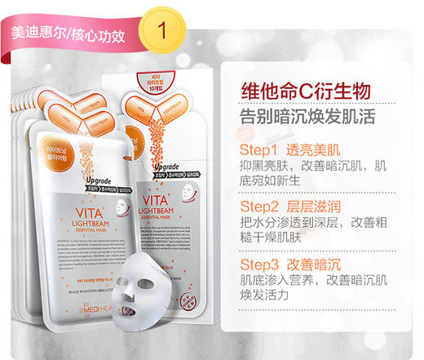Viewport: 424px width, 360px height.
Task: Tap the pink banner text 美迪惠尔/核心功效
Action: [x=68, y=36]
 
